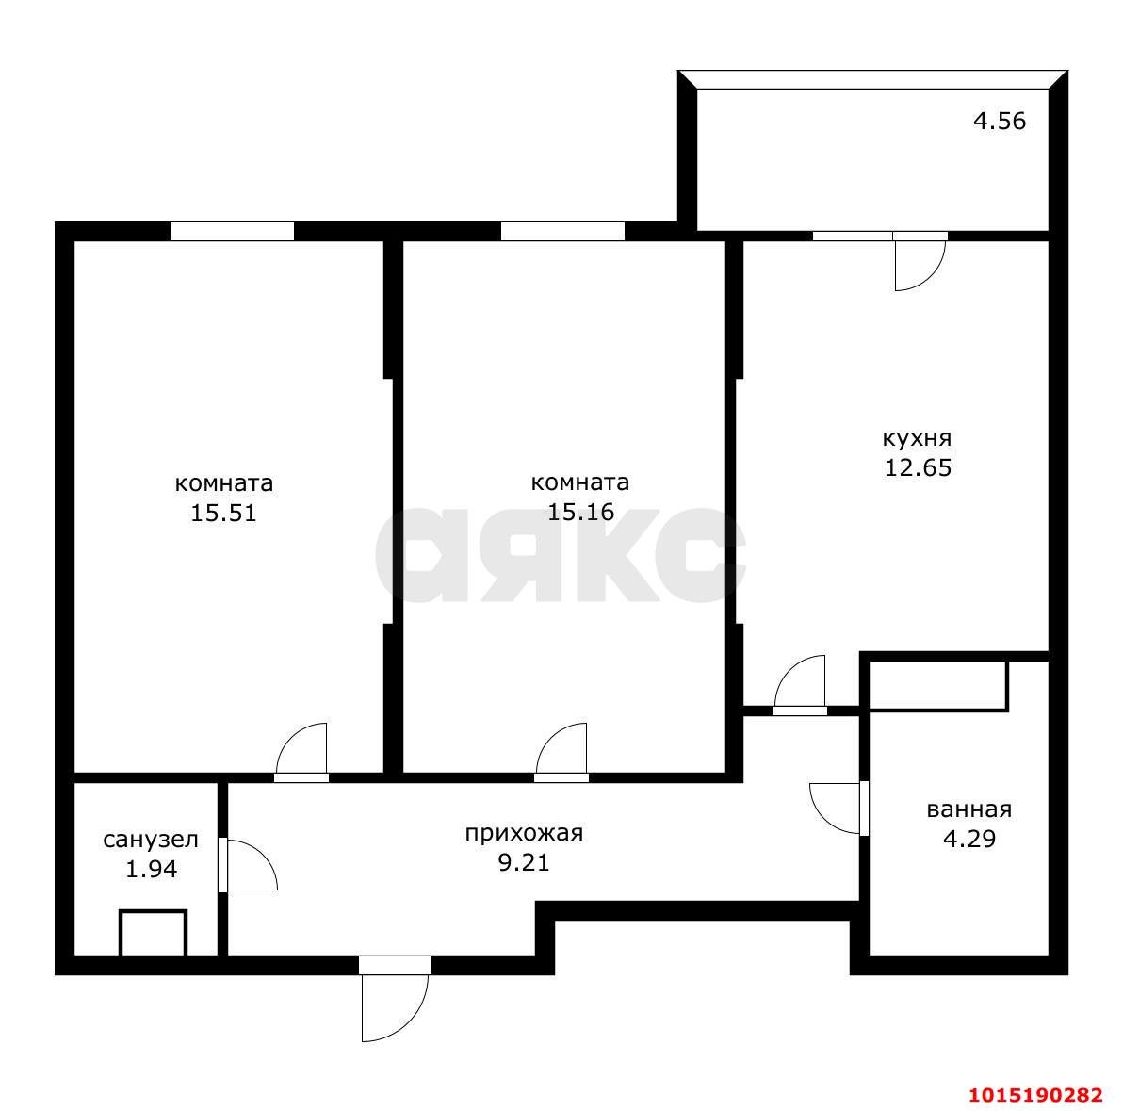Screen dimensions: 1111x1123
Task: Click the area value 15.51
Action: point(224,513)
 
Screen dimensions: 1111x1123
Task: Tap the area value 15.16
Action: point(580,512)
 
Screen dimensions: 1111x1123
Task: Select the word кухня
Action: point(917,438)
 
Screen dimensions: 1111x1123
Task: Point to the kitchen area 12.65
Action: point(918,467)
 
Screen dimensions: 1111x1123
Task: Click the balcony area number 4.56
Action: point(999,122)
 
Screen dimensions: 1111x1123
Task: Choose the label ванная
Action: point(968,809)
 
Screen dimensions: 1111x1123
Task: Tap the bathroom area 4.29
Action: point(968,838)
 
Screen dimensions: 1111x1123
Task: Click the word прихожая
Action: point(524,833)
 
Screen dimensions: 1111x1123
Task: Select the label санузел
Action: point(151,840)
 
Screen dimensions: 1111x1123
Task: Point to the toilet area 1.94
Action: point(151,869)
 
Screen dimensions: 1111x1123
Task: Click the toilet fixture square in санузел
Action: point(153,934)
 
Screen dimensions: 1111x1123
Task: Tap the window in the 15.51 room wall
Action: point(232,231)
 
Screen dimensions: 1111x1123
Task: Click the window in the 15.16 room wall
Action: point(562,231)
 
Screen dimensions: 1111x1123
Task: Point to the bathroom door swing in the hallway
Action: point(836,807)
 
